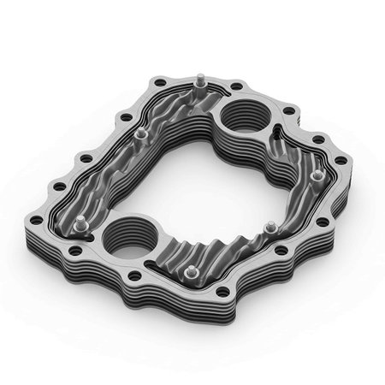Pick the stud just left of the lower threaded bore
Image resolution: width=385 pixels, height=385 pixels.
(x=80, y=224)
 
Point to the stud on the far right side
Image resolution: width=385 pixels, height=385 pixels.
(x=317, y=175)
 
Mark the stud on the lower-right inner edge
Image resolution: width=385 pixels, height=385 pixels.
(x=269, y=229)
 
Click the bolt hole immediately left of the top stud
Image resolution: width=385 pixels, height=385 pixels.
(x=159, y=83)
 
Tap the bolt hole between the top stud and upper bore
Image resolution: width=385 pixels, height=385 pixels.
(x=235, y=86)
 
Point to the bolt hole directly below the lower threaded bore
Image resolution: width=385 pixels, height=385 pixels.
(x=134, y=275)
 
